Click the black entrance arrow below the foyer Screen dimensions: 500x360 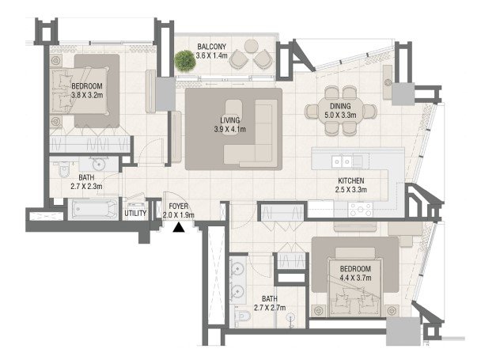pyautogui.click(x=179, y=227)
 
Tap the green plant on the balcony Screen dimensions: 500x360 pyautogui.click(x=185, y=61)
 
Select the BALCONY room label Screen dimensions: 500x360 pyautogui.click(x=211, y=47)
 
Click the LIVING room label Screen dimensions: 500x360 pyautogui.click(x=230, y=120)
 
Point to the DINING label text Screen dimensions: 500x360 pyautogui.click(x=340, y=106)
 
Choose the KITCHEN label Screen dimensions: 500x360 pyautogui.click(x=351, y=181)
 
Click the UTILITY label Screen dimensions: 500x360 pyautogui.click(x=135, y=214)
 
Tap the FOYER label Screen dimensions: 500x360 pyautogui.click(x=179, y=207)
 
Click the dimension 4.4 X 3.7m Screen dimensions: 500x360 pyautogui.click(x=355, y=278)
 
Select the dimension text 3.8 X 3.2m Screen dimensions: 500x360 pyautogui.click(x=87, y=95)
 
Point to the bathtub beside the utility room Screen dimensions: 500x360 pyautogui.click(x=93, y=210)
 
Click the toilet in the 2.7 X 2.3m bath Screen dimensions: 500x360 pyautogui.click(x=64, y=169)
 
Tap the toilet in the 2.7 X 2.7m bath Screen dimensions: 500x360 pyautogui.click(x=243, y=316)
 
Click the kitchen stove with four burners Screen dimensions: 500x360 pyautogui.click(x=360, y=210)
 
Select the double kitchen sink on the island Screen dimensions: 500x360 pyautogui.click(x=342, y=161)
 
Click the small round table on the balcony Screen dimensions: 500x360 pyautogui.click(x=252, y=46)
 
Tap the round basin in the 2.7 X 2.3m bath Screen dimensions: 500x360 pyautogui.click(x=99, y=165)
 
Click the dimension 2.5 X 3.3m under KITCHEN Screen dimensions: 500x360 pyautogui.click(x=351, y=190)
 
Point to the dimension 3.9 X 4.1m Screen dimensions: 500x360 pyautogui.click(x=230, y=129)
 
